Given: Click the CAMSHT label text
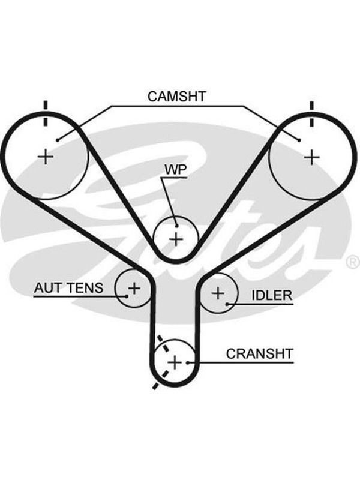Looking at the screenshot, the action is pyautogui.click(x=176, y=96).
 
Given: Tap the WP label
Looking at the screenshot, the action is pyautogui.click(x=175, y=170).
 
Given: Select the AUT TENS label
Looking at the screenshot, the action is pyautogui.click(x=68, y=288).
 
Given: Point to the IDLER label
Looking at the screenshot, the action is pyautogui.click(x=272, y=295).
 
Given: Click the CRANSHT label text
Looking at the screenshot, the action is pyautogui.click(x=260, y=353).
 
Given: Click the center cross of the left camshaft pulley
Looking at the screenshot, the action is pyautogui.click(x=46, y=157).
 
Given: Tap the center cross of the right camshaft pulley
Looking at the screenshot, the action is pyautogui.click(x=312, y=157).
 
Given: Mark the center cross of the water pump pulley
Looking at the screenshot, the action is pyautogui.click(x=176, y=239).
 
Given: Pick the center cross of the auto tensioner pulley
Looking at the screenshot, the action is pyautogui.click(x=134, y=288).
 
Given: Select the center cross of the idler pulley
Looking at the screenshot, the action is pyautogui.click(x=218, y=293).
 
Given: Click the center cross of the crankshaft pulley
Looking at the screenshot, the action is pyautogui.click(x=175, y=363).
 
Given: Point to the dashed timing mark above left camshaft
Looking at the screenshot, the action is pyautogui.click(x=46, y=113).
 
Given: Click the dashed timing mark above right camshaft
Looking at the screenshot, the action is pyautogui.click(x=312, y=113).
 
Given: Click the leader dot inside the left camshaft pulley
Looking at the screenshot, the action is pyautogui.click(x=57, y=140).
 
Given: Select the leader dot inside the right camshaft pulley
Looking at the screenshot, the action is pyautogui.click(x=299, y=140).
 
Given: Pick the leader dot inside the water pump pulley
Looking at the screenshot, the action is pyautogui.click(x=176, y=226).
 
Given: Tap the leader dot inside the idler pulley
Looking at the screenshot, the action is pyautogui.click(x=227, y=304).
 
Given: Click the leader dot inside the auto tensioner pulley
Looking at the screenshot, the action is pyautogui.click(x=126, y=296).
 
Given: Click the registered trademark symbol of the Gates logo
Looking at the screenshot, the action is pyautogui.click(x=353, y=262).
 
